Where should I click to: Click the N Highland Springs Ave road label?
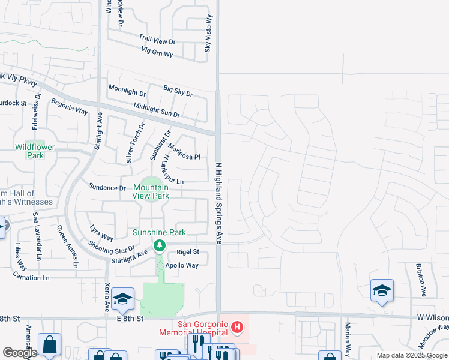[x=219, y=202]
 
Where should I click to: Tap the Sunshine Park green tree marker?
[x=159, y=245]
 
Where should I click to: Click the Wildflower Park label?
[x=30, y=151]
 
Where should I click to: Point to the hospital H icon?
[x=238, y=328]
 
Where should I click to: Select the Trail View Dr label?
[x=157, y=40]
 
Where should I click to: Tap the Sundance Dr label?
[x=107, y=187]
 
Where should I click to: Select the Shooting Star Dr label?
[x=112, y=247]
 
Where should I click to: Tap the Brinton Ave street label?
[x=423, y=280]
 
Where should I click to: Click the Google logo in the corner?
[x=20, y=352]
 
